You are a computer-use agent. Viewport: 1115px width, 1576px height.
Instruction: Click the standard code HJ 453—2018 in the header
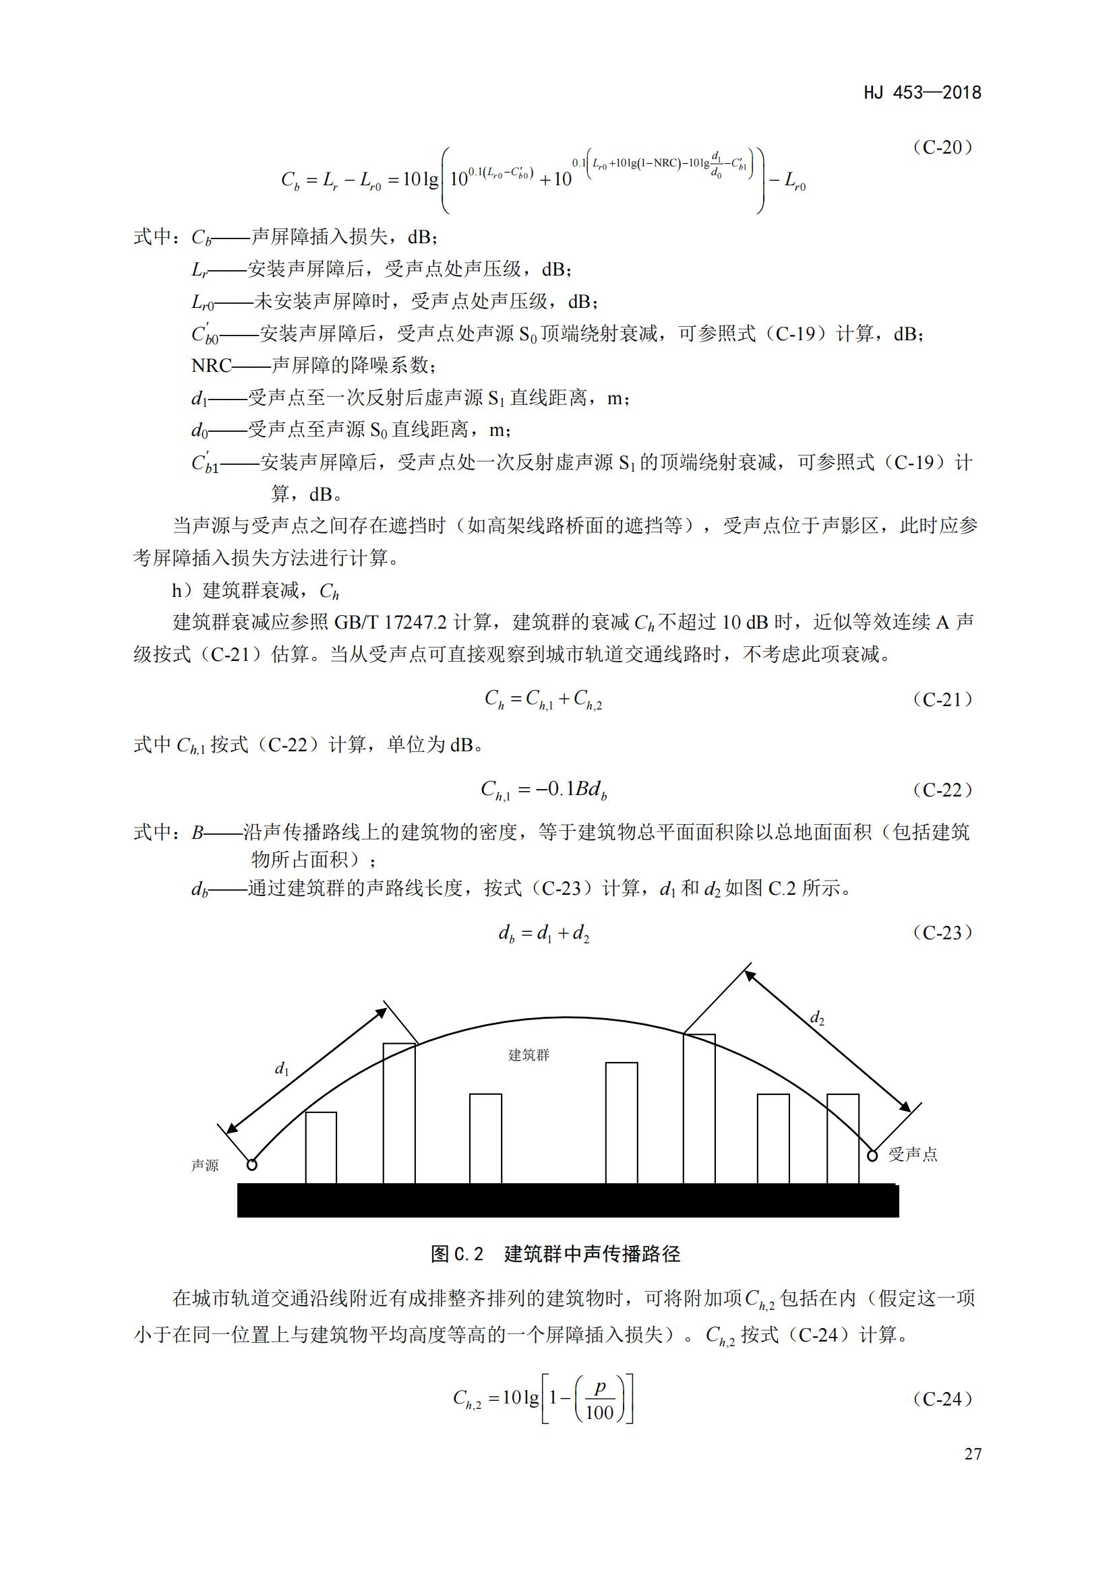click(x=922, y=93)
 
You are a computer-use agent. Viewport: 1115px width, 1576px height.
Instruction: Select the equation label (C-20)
click(x=942, y=147)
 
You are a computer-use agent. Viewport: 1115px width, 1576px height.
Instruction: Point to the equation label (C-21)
click(x=942, y=699)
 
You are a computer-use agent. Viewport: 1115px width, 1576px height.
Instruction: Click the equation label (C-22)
click(x=942, y=790)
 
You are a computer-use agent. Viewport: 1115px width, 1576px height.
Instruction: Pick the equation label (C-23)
click(x=942, y=933)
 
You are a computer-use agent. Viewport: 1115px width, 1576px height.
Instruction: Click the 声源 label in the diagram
click(x=205, y=1166)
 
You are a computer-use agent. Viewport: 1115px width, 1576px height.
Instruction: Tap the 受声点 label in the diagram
click(x=913, y=1155)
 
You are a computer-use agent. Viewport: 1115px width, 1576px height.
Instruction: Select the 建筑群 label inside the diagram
click(x=529, y=1055)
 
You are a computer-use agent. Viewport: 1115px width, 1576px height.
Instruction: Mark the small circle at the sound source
click(x=252, y=1165)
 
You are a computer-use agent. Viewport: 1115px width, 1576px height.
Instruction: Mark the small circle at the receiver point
click(x=872, y=1156)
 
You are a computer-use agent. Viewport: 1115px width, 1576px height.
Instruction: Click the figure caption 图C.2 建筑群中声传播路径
click(x=555, y=1254)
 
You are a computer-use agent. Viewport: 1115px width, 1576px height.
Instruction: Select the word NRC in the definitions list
click(x=212, y=366)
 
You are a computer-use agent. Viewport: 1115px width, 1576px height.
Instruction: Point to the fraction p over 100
click(x=599, y=1400)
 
